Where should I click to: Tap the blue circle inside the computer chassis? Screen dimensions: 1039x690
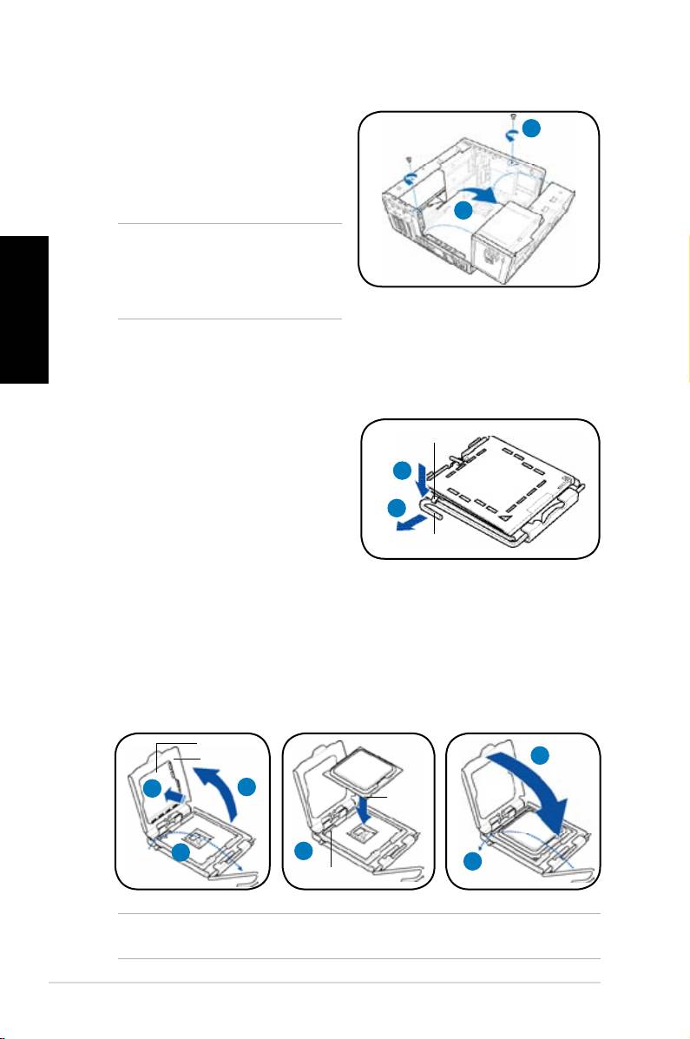[465, 210]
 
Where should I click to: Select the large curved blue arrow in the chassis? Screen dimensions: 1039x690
[480, 192]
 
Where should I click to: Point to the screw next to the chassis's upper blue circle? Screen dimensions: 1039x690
[514, 118]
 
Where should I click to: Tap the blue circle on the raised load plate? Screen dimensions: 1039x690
[152, 789]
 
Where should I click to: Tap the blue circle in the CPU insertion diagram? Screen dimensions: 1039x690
[303, 851]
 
